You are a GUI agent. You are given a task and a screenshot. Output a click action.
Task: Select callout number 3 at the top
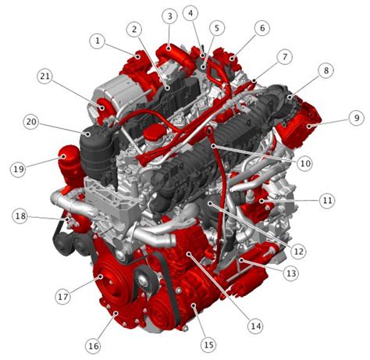[x=169, y=16]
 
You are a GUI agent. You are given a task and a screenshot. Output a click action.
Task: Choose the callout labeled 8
[x=325, y=70]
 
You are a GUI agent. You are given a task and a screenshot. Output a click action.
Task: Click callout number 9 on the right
[x=356, y=118]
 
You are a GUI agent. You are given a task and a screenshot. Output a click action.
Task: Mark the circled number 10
[x=304, y=163]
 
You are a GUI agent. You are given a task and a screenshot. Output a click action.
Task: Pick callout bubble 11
[x=327, y=201]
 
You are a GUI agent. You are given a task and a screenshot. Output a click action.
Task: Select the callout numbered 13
[x=291, y=273]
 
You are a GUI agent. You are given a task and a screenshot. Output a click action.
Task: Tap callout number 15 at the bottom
[x=208, y=344]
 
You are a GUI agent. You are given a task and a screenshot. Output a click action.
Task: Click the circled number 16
[x=94, y=345]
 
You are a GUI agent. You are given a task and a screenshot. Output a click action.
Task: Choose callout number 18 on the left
[x=20, y=216]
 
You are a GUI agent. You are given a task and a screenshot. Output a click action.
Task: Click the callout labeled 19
[x=18, y=168]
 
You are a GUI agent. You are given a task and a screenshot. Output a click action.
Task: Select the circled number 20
[x=30, y=122]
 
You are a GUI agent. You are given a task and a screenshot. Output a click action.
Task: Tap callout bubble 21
[x=44, y=76]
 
